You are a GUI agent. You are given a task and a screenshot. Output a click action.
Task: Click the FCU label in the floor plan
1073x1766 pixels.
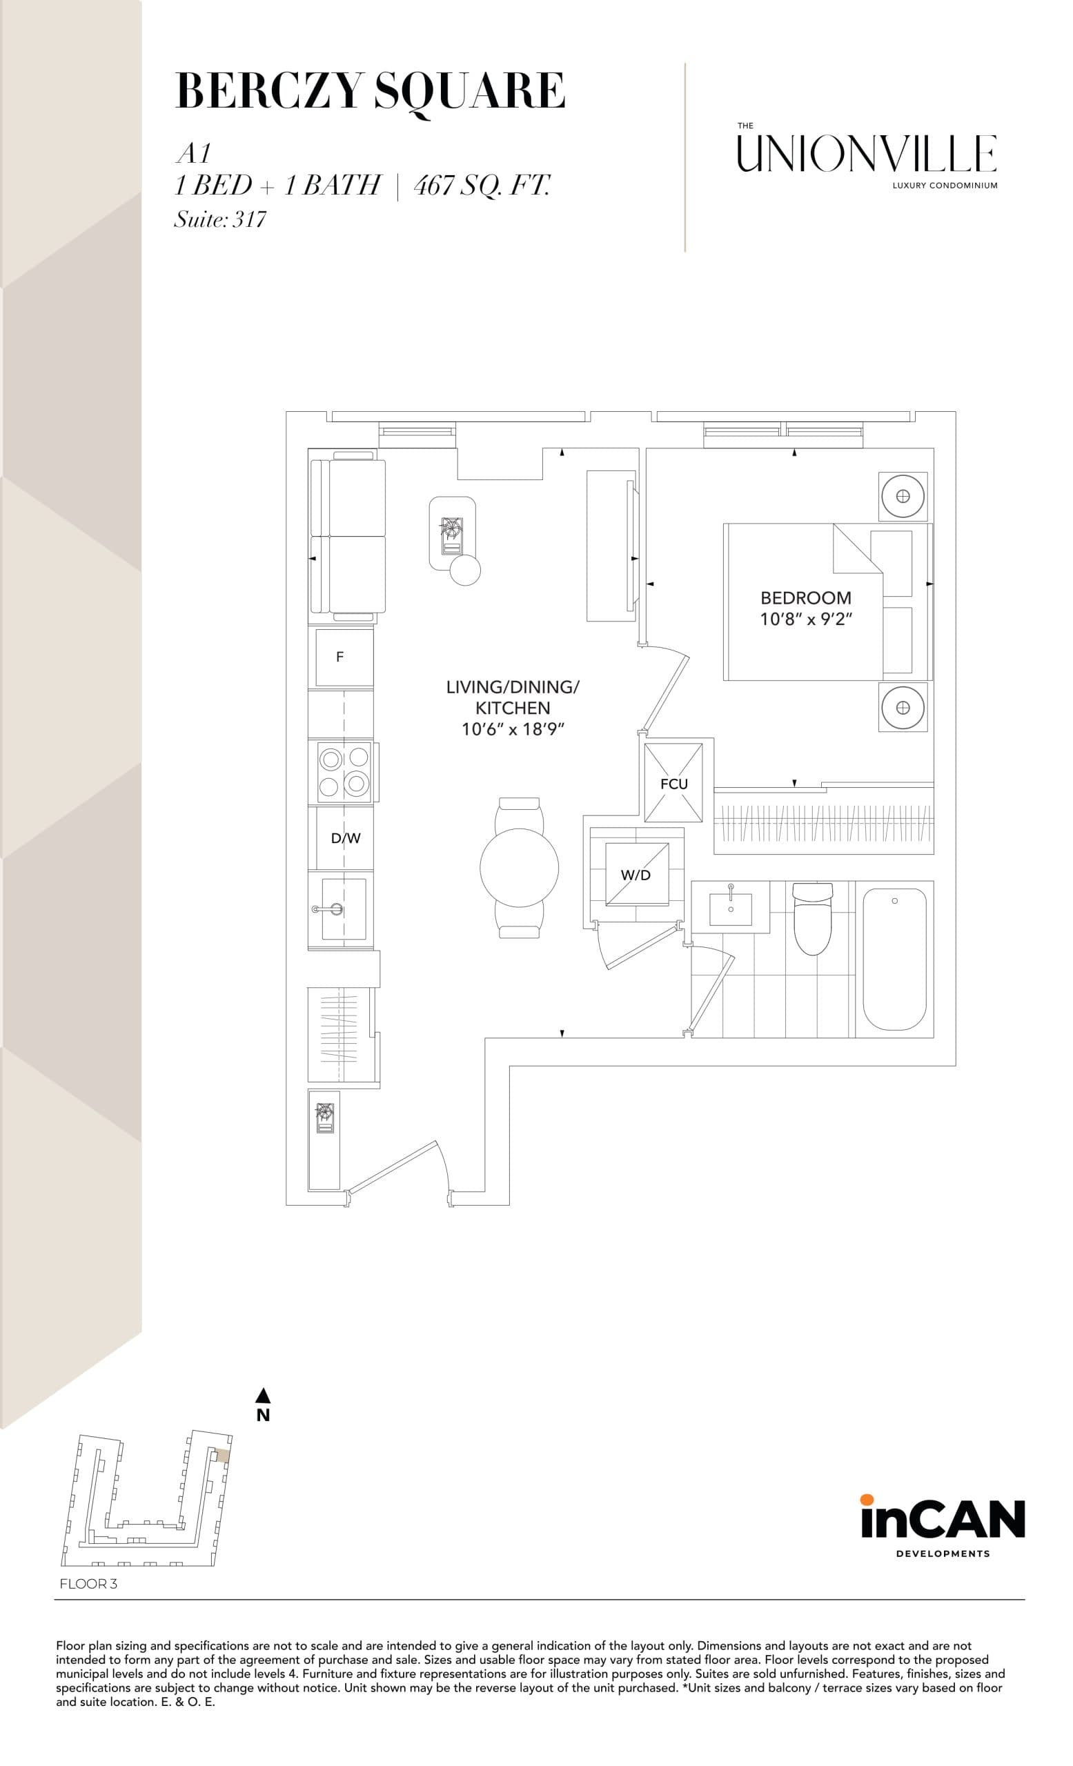pyautogui.click(x=673, y=784)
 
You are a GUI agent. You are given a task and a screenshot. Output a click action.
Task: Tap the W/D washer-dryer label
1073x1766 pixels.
pyautogui.click(x=635, y=875)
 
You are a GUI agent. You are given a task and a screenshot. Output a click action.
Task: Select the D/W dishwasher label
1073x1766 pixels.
pyautogui.click(x=346, y=838)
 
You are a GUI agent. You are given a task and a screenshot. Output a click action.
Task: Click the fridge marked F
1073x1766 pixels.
pyautogui.click(x=340, y=657)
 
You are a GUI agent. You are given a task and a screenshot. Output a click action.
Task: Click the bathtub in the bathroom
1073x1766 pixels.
pyautogui.click(x=894, y=959)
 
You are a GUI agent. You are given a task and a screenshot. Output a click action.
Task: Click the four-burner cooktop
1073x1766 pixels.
pyautogui.click(x=344, y=772)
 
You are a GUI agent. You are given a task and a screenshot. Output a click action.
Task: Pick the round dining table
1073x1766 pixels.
pyautogui.click(x=519, y=868)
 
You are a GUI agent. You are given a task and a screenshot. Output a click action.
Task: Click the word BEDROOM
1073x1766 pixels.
pyautogui.click(x=806, y=597)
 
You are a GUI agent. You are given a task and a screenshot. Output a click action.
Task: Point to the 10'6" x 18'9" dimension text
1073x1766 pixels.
pyautogui.click(x=513, y=730)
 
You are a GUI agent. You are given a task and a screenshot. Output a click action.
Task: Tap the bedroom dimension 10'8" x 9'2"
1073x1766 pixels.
pyautogui.click(x=806, y=619)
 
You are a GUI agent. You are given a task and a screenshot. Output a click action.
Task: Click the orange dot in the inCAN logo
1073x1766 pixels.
pyautogui.click(x=867, y=1498)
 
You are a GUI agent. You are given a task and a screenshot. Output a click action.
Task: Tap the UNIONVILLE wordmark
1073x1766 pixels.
pyautogui.click(x=867, y=154)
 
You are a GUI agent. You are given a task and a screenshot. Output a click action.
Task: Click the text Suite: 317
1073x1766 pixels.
pyautogui.click(x=220, y=219)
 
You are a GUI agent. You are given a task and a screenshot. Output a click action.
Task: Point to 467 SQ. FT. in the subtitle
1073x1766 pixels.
pyautogui.click(x=482, y=186)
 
